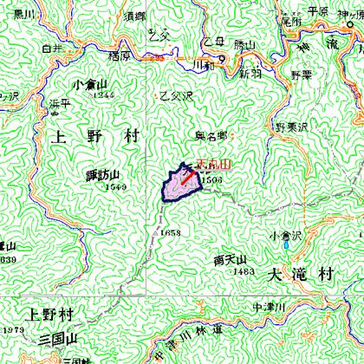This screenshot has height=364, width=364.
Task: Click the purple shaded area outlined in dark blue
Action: [x=179, y=185]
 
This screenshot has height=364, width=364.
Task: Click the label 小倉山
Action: [x=90, y=83]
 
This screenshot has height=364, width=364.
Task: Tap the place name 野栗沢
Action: [x=292, y=127]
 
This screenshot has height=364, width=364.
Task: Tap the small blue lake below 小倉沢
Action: [x=286, y=245]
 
